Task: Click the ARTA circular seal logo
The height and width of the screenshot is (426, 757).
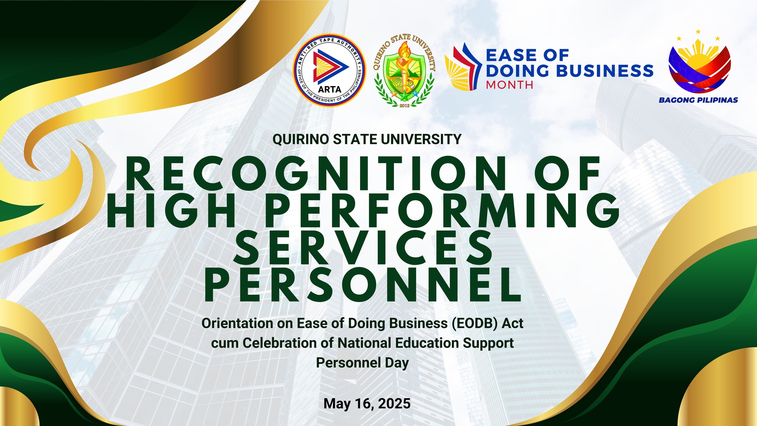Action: pos(329,70)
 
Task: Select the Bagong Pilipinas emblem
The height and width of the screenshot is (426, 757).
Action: pos(699,65)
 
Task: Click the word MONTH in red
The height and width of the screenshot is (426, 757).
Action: pos(509,85)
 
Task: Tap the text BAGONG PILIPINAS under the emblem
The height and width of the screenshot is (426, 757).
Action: pos(698,100)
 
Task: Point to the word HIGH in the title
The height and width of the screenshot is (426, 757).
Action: pos(172,210)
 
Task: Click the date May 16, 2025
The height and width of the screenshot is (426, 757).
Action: pos(367,403)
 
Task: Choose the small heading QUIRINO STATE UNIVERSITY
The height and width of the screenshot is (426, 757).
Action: pos(367,139)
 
